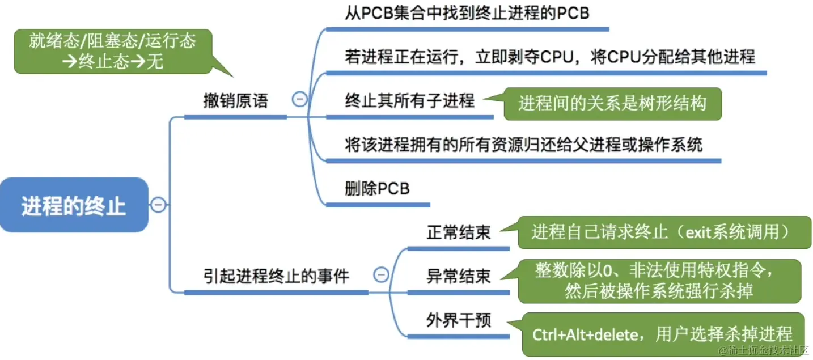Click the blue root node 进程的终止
[x=74, y=205]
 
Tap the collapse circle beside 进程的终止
[x=159, y=204]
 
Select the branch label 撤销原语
[x=235, y=101]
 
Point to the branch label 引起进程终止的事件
[x=276, y=276]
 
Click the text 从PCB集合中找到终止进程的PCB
[x=467, y=13]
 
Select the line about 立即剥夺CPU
[x=550, y=57]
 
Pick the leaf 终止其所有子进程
[x=409, y=101]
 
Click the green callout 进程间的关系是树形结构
[x=612, y=104]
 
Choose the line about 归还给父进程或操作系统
[x=523, y=145]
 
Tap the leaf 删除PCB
[x=377, y=188]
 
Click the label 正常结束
[x=458, y=232]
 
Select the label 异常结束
[x=458, y=276]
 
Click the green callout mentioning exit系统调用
[x=660, y=232]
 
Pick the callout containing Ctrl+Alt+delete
[x=662, y=334]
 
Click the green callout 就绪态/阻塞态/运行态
[x=112, y=52]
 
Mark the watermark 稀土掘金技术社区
[x=764, y=350]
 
